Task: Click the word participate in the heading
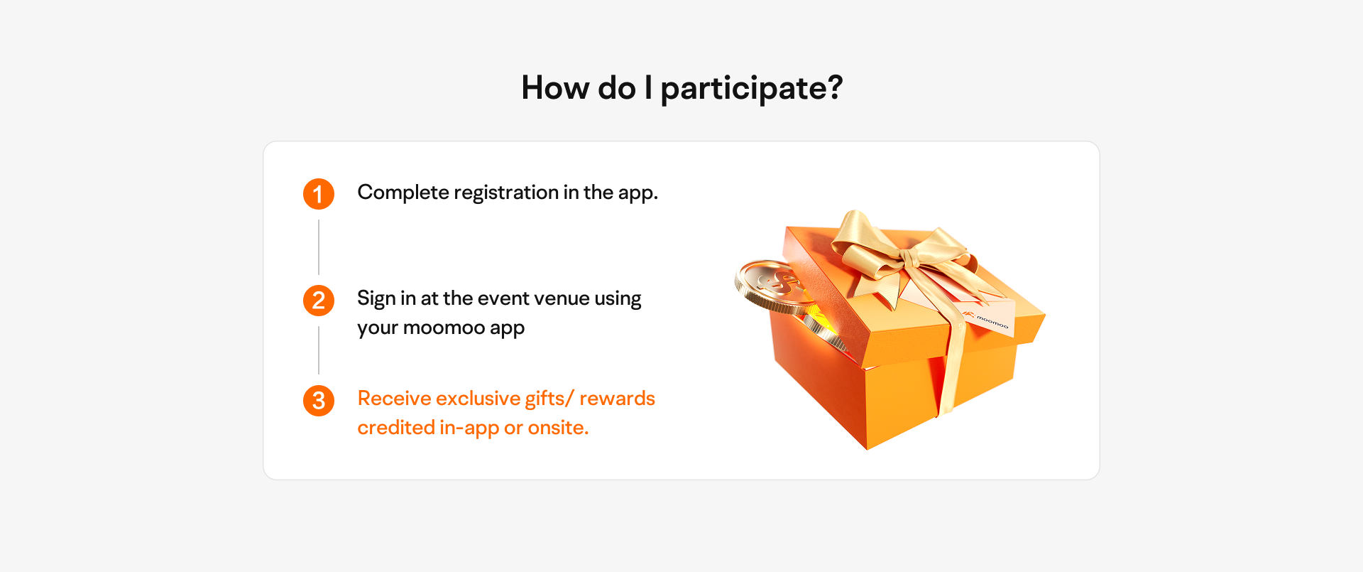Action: (x=743, y=89)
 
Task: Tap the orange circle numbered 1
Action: (x=319, y=194)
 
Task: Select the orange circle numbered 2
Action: (x=319, y=301)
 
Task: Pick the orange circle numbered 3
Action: (x=319, y=401)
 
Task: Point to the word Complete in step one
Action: (x=403, y=193)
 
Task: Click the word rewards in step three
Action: (x=618, y=399)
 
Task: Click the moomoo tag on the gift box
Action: (x=988, y=320)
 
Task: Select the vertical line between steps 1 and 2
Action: (x=319, y=247)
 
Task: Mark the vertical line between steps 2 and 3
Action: (x=319, y=350)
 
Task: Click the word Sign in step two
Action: (x=376, y=299)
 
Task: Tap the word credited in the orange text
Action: (x=396, y=428)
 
